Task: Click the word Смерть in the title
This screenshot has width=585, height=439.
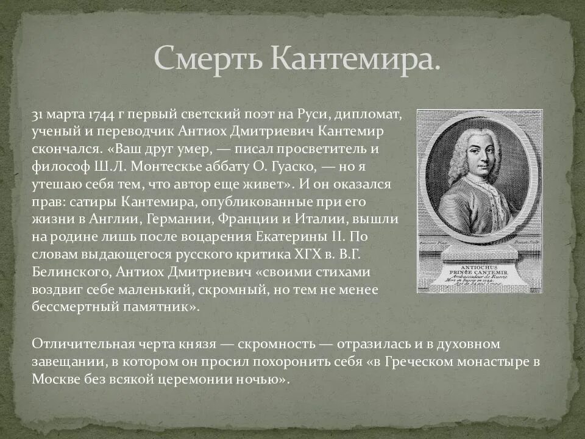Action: coord(206,57)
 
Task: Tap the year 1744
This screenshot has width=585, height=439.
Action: coord(100,115)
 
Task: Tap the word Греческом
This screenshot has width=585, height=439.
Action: coord(416,361)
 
